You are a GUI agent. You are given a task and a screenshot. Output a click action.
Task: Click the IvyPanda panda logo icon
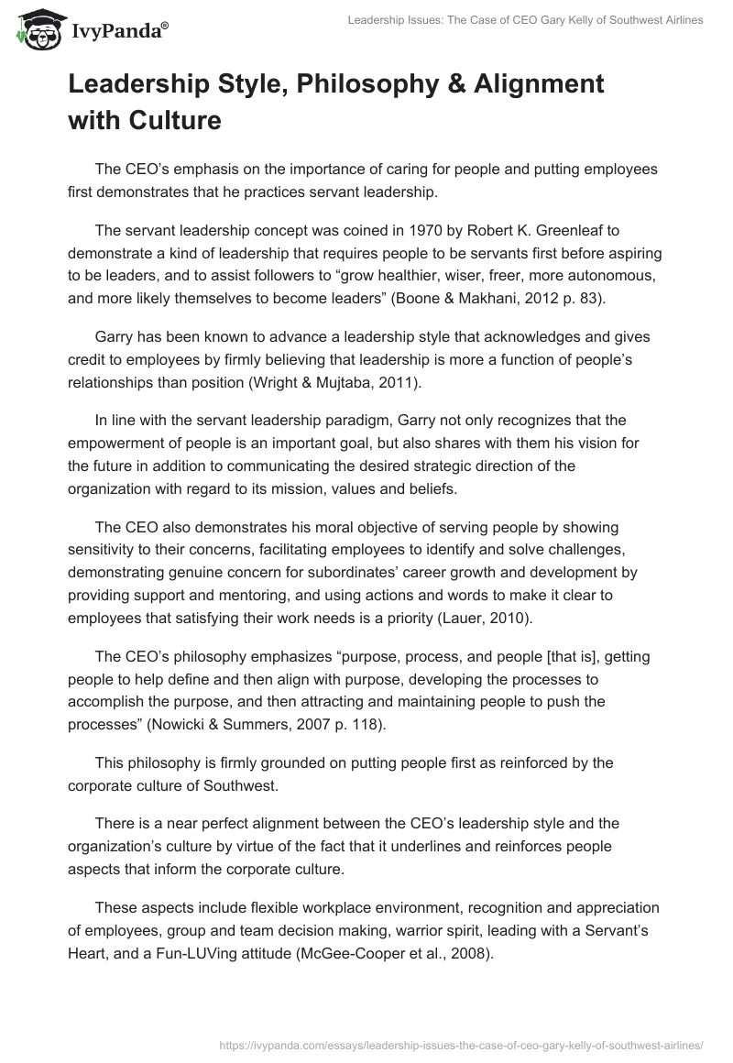pos(35,30)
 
